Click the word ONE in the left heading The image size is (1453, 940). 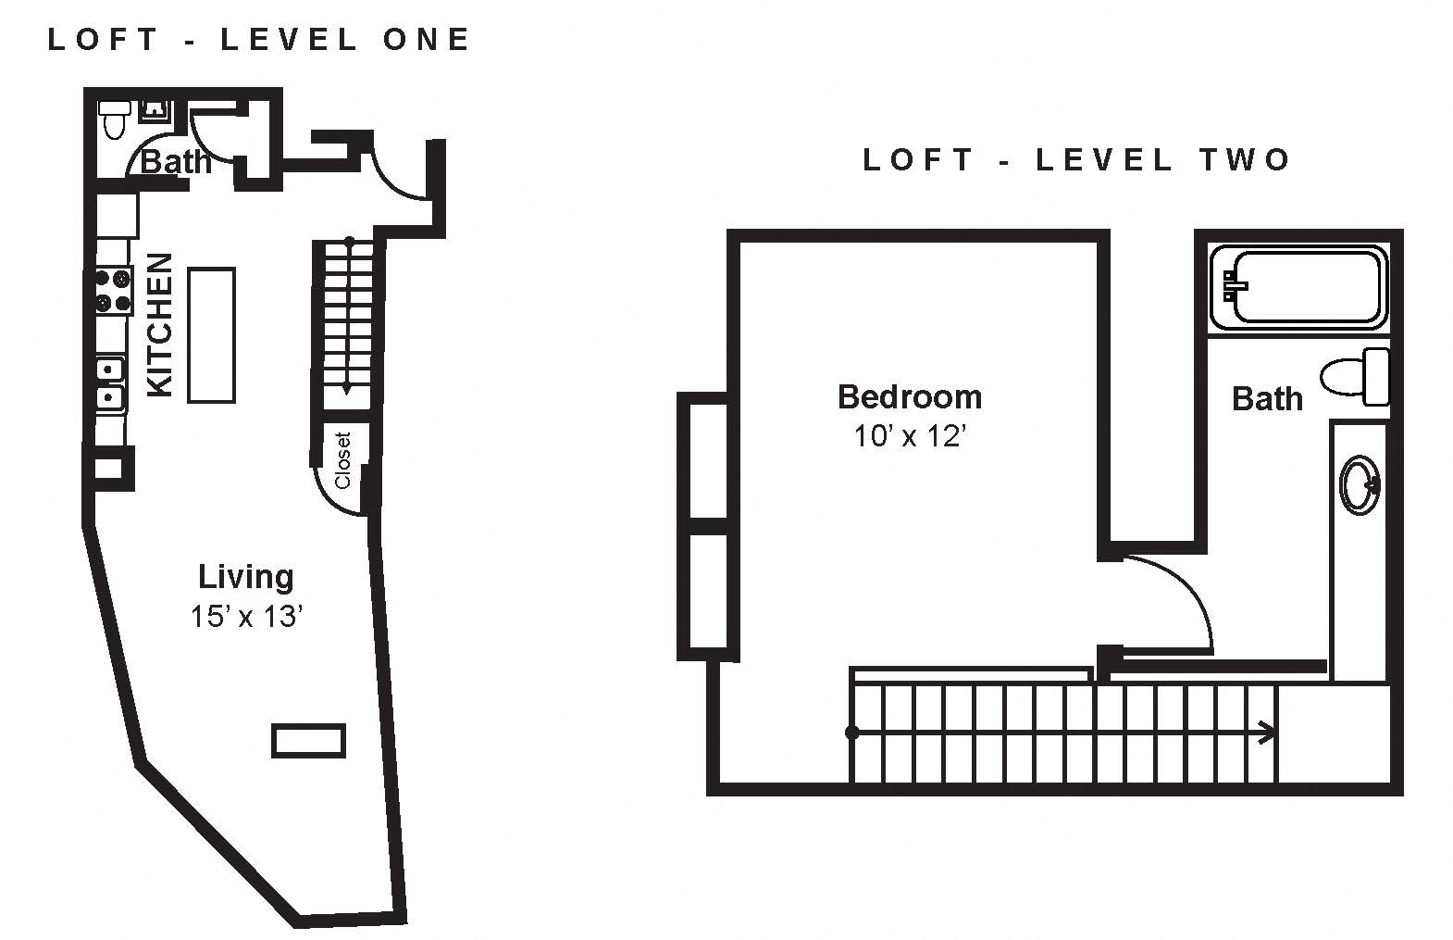point(426,40)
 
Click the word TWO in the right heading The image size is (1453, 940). point(1244,159)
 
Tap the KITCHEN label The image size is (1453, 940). point(159,324)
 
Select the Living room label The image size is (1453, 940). point(245,577)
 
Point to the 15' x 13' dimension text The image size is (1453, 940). point(246,616)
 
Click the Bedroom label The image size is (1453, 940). point(910,396)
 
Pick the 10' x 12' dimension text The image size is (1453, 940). point(910,435)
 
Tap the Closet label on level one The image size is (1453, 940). point(342,460)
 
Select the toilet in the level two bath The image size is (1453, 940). point(1355,377)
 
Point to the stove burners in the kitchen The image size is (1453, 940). point(112,290)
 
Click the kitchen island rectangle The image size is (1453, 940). point(211,335)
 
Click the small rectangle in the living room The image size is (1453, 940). point(308,740)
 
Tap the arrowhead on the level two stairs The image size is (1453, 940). point(1266,733)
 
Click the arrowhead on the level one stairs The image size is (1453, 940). point(348,388)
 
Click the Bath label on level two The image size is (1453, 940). point(1267,398)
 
